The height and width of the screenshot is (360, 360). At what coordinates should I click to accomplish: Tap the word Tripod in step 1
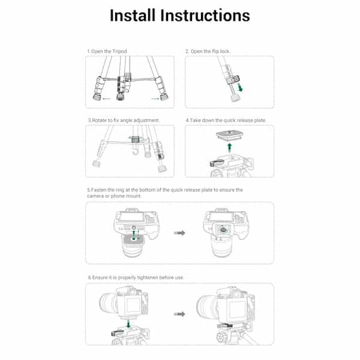click(x=120, y=51)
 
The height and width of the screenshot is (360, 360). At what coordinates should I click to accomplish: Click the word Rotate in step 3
click(x=100, y=120)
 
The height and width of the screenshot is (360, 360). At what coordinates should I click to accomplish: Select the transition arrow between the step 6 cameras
click(x=178, y=313)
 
